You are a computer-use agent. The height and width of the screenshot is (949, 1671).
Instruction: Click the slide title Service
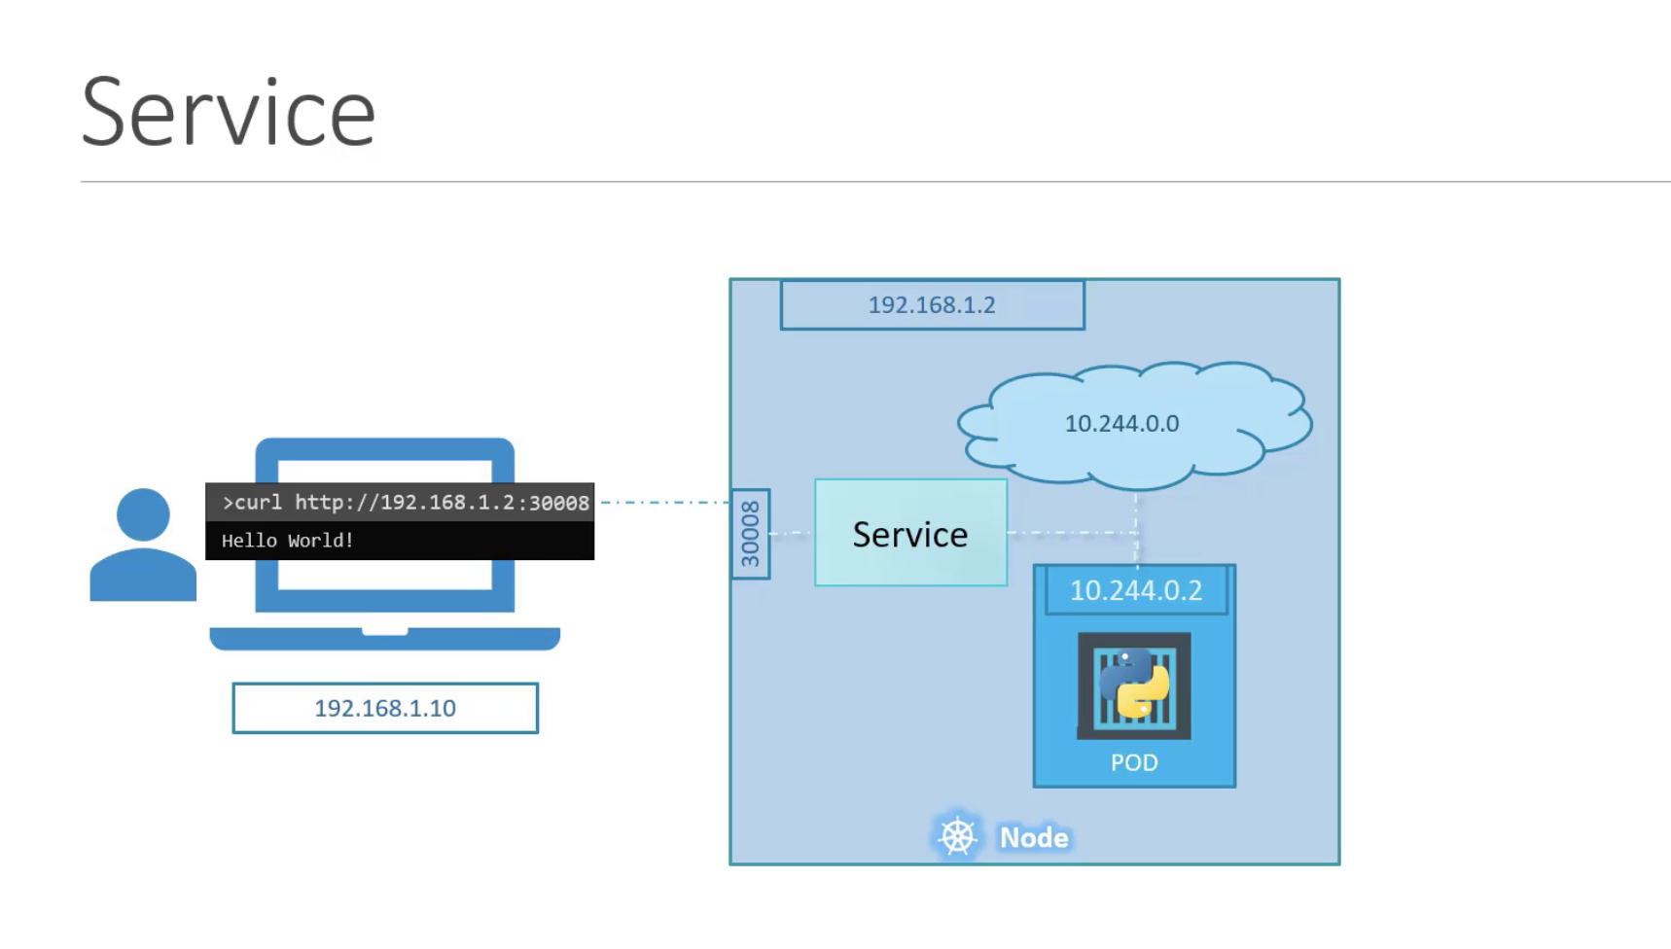coord(229,114)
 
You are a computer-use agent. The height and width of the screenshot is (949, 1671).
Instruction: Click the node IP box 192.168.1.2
coord(932,305)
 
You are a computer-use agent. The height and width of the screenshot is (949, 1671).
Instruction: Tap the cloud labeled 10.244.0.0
coord(1134,425)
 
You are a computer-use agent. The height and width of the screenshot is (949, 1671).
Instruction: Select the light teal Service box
coord(910,533)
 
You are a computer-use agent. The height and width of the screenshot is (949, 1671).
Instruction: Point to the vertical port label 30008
coord(750,534)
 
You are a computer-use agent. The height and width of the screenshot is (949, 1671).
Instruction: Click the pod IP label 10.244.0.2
coord(1136,590)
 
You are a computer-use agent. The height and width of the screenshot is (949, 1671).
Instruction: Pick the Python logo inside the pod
coord(1134,684)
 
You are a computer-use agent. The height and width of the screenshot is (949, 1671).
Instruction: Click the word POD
coord(1134,762)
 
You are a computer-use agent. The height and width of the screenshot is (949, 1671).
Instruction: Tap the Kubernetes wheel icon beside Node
coord(957,836)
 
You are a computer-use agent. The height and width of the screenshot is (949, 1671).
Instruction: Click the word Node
coord(1034,837)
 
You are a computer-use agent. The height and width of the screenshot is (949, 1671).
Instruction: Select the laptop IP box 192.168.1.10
coord(385,708)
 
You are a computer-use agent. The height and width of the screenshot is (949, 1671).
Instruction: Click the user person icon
coord(143,545)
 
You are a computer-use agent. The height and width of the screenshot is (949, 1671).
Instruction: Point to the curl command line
coord(406,503)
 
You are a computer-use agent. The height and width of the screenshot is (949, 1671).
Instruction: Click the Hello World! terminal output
coord(288,541)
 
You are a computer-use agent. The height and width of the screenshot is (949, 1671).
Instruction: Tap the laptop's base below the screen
coord(385,639)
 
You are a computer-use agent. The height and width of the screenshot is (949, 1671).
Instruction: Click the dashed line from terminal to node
coord(665,503)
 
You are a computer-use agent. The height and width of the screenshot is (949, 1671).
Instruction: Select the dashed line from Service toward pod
coord(1072,533)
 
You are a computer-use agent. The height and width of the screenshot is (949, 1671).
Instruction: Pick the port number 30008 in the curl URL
coord(559,503)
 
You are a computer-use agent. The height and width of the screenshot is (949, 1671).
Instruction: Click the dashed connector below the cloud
coord(1136,527)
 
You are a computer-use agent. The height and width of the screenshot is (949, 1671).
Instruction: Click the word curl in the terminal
coord(259,503)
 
